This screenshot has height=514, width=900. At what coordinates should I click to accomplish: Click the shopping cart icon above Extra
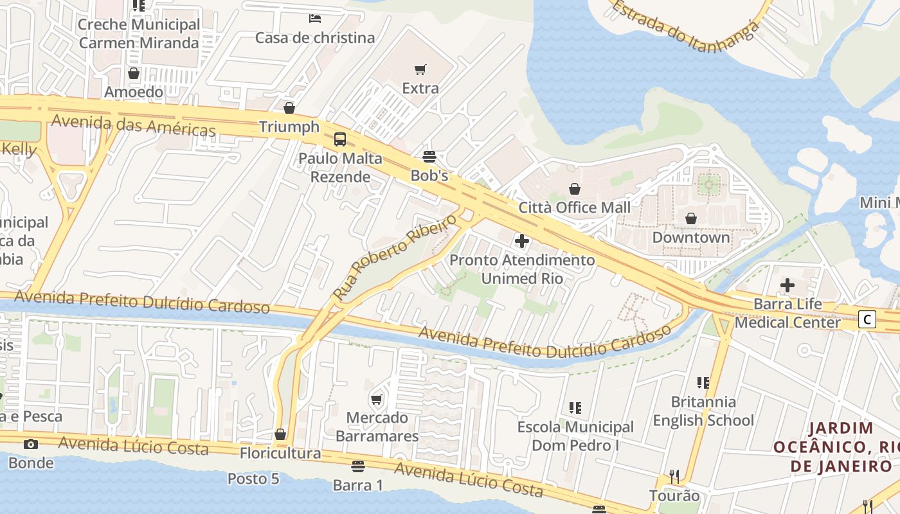click(420, 69)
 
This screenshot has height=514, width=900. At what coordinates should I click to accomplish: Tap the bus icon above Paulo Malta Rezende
click(339, 139)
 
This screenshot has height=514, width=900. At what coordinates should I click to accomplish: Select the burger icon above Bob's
click(429, 156)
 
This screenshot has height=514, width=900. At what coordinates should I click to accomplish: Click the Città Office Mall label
click(574, 208)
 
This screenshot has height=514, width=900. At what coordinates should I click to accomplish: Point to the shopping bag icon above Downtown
click(691, 218)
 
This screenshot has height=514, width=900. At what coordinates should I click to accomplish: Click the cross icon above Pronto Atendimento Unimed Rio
click(522, 241)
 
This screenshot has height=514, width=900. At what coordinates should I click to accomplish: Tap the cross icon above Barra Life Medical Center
click(788, 285)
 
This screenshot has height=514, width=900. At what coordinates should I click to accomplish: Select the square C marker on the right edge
click(868, 319)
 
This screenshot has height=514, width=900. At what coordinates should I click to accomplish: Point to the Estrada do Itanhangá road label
click(685, 26)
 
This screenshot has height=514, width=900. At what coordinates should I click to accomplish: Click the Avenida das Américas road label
click(133, 125)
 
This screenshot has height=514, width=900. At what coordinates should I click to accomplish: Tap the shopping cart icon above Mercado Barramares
click(377, 399)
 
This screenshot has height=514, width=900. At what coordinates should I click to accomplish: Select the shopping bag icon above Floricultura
click(280, 434)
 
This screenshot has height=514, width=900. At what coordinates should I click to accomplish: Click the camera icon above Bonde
click(30, 444)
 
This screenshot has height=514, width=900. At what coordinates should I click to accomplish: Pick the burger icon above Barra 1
click(358, 466)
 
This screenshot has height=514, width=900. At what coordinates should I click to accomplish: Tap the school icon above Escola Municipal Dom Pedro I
click(575, 407)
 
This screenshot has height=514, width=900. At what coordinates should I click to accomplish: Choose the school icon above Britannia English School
click(703, 383)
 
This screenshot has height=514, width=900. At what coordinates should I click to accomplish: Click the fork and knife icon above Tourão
click(674, 477)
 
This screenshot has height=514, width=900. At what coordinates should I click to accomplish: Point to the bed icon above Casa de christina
click(315, 18)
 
